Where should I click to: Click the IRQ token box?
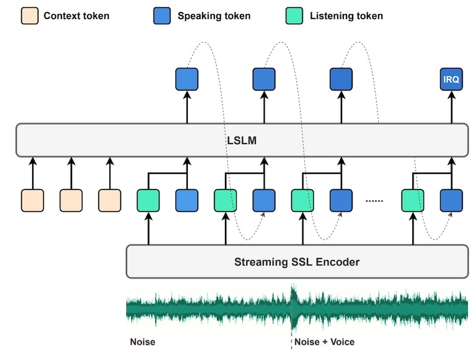pyautogui.click(x=452, y=80)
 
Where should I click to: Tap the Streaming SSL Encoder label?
pyautogui.click(x=296, y=261)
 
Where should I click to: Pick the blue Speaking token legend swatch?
pyautogui.click(x=163, y=16)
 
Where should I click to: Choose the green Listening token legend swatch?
pyautogui.click(x=295, y=16)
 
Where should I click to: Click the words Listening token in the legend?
pyautogui.click(x=346, y=16)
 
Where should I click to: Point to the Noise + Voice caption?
pyautogui.click(x=324, y=341)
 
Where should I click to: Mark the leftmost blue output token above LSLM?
pyautogui.click(x=187, y=80)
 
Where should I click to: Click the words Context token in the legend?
pyautogui.click(x=76, y=16)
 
